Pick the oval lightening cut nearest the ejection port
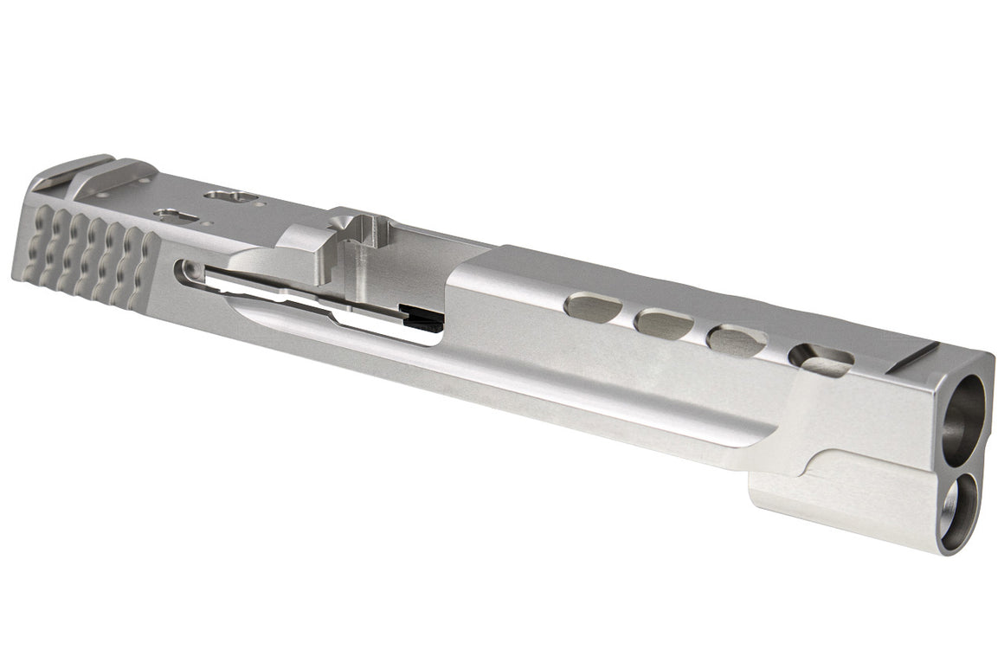(593, 306)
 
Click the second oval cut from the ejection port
(664, 324)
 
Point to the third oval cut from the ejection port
(737, 341)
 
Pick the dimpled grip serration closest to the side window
(138, 268)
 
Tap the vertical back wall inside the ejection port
(359, 260)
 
